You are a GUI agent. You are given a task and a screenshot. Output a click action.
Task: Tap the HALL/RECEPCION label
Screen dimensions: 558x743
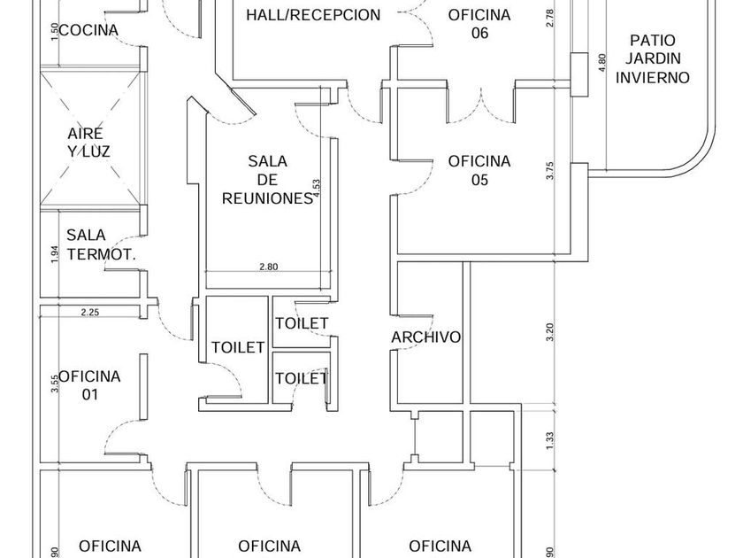tap(313, 15)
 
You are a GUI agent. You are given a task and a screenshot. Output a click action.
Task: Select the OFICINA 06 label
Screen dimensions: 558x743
tap(479, 24)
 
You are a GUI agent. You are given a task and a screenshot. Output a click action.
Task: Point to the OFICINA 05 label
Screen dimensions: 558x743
tap(479, 170)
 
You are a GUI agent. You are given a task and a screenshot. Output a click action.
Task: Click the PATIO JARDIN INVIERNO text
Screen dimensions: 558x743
tap(653, 58)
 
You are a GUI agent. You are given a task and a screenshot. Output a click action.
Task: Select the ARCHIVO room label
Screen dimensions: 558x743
tap(426, 337)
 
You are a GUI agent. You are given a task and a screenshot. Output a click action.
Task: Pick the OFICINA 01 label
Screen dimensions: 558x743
tap(89, 385)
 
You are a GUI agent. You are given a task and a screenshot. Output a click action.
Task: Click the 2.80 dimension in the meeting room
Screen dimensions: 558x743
tap(268, 266)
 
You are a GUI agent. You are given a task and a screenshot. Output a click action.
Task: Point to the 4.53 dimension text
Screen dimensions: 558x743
tap(316, 191)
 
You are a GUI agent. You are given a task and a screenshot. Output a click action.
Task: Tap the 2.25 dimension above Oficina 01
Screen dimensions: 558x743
tap(89, 312)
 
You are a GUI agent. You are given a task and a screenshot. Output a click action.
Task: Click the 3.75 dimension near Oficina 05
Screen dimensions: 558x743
tap(549, 171)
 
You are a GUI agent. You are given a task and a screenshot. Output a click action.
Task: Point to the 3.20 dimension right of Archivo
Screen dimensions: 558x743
tap(549, 332)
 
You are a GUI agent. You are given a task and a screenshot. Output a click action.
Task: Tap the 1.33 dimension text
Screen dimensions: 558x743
tap(549, 440)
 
